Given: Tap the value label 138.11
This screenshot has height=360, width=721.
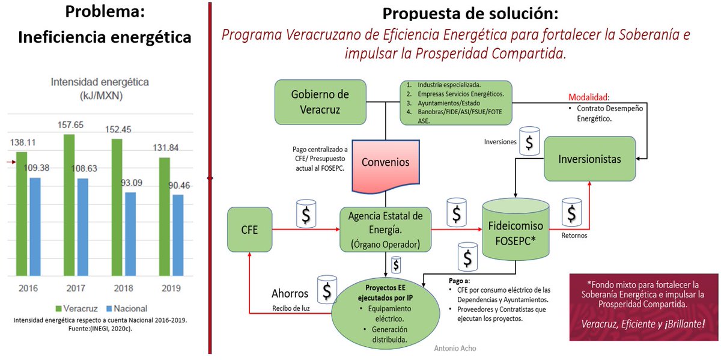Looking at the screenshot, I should [x=24, y=143].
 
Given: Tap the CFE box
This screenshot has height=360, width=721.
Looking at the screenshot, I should [x=249, y=229].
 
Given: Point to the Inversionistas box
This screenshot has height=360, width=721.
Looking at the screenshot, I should [x=589, y=159].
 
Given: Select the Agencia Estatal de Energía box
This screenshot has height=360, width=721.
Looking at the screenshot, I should [x=385, y=229].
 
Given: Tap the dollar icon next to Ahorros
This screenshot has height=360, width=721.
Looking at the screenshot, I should [x=327, y=290].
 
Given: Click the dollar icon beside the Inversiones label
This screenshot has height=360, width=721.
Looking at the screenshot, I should [x=529, y=142].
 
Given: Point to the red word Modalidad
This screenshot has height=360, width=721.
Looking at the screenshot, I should [x=589, y=97].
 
